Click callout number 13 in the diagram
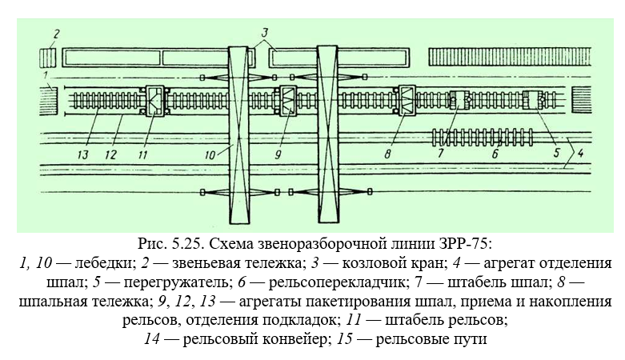pos(83,154)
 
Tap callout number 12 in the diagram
pos(110,154)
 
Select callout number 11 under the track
pos(142,154)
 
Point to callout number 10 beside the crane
pos(210,154)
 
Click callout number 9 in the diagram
pos(278,154)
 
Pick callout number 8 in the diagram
pos(387,154)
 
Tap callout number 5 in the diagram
pos(556,152)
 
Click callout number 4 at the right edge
pos(580,152)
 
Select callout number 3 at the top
pos(265,32)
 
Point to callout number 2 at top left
pos(56,34)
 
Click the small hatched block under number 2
pos(48,58)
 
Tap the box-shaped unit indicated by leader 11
pos(155,102)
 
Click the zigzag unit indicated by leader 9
pos(288,101)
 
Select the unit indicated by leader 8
pos(407,101)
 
